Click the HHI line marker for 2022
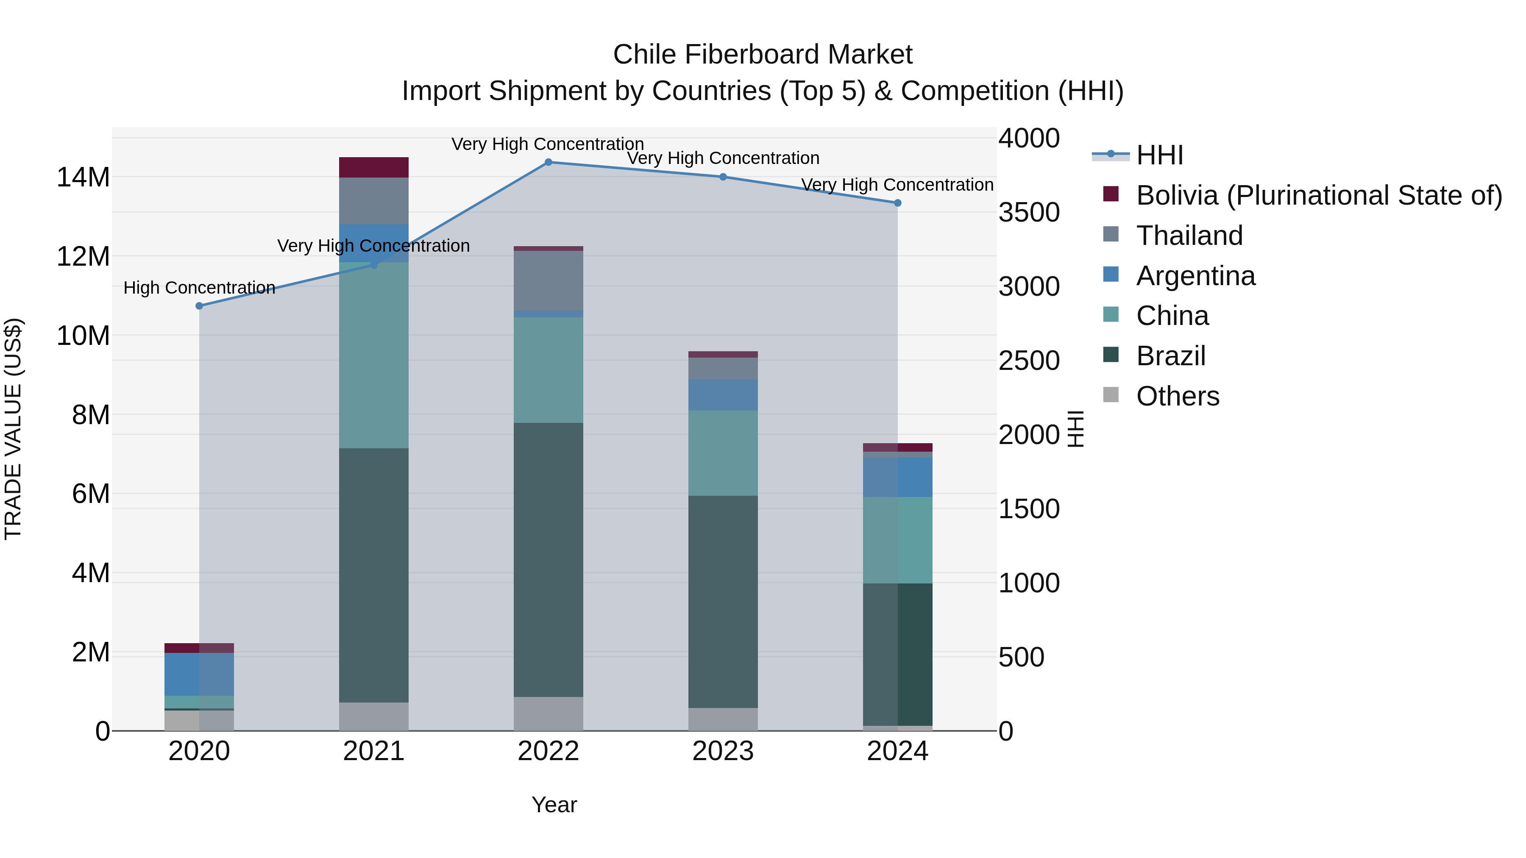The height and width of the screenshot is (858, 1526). [x=548, y=162]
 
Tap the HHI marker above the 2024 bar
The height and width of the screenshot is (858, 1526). [x=897, y=203]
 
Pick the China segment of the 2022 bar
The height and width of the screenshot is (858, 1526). [x=548, y=370]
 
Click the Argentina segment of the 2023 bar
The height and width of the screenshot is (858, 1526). [x=723, y=395]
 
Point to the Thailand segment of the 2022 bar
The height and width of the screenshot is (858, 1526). [x=548, y=280]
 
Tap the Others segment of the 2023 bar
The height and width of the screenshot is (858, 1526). [x=723, y=719]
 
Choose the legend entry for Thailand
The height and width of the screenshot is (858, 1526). [x=1189, y=236]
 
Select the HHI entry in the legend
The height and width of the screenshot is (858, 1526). [x=1159, y=155]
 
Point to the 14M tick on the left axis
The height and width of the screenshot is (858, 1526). [x=83, y=177]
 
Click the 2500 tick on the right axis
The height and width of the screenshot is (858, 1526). [x=1029, y=361]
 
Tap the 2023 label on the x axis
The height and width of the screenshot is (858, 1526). [x=723, y=751]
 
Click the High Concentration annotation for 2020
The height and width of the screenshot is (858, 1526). [x=199, y=288]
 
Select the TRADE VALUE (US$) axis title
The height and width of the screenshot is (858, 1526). [x=13, y=429]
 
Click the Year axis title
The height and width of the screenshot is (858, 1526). [x=554, y=805]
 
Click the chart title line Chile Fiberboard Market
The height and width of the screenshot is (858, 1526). [x=763, y=55]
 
